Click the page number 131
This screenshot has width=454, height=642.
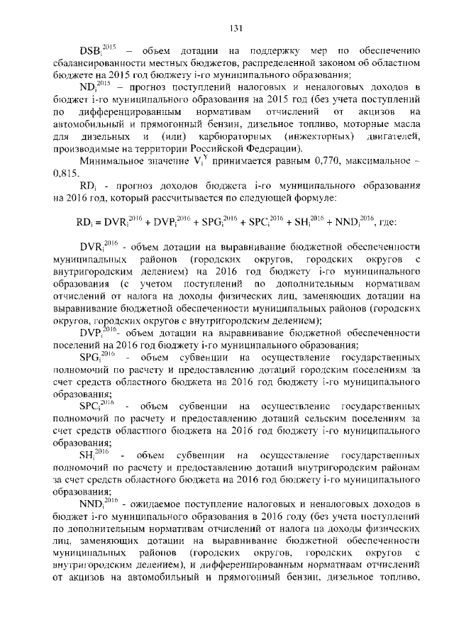coord(236,28)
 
